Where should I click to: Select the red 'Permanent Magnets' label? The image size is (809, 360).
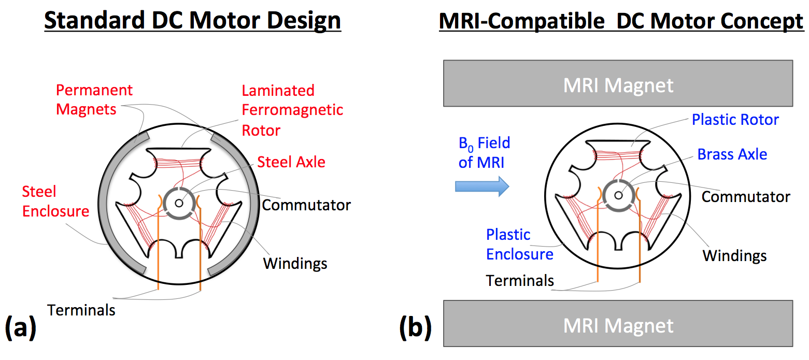coord(94,99)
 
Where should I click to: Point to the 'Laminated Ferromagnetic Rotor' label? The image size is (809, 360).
coord(292,110)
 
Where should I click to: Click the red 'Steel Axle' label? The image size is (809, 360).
coord(291,162)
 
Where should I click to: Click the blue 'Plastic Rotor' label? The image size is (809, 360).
coord(735,120)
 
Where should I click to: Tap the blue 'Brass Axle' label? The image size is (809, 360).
coord(732,154)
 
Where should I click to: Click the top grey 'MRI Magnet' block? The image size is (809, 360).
coord(618,84)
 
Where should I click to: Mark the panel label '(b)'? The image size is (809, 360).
coord(415,328)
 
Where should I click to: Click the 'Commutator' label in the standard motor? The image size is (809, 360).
coord(306,205)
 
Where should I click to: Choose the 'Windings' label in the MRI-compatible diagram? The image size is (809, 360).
coord(734,255)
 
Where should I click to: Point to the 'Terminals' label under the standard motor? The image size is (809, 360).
coord(81,310)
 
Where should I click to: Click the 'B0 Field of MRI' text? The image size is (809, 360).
coord(484,152)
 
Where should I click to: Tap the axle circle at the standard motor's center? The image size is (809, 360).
coord(179,203)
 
